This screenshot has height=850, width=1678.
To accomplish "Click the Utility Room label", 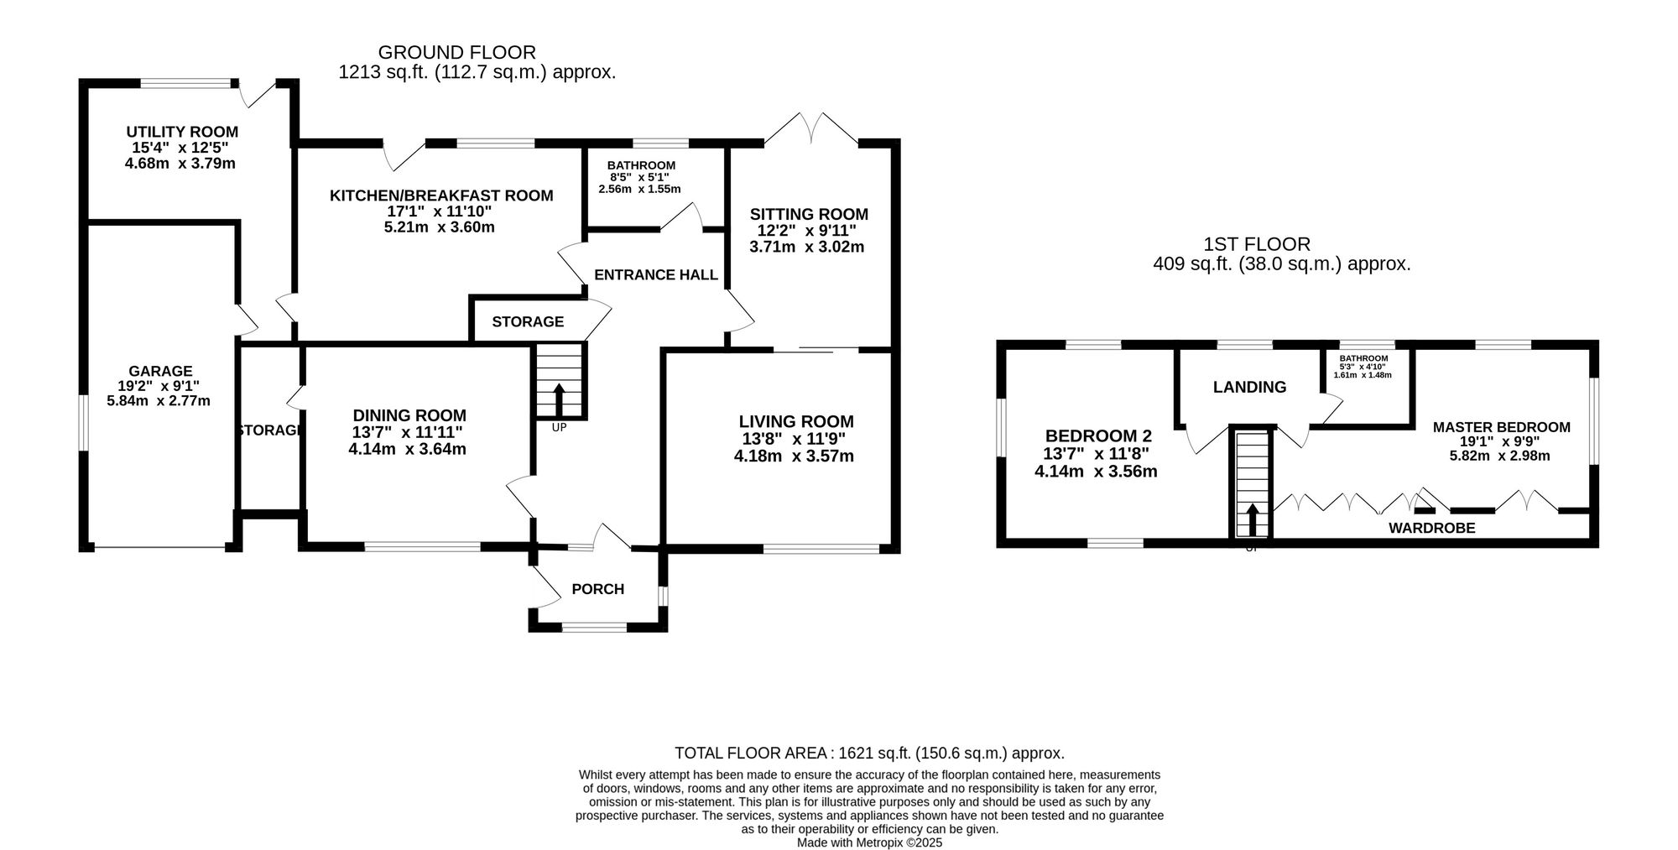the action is click(x=182, y=132).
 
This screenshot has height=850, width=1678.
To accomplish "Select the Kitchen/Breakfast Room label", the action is click(x=441, y=196).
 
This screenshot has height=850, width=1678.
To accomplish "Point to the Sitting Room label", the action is click(x=809, y=214).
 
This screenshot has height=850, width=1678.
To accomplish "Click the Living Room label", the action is click(x=796, y=421).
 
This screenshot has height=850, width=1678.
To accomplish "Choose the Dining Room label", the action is click(x=409, y=415).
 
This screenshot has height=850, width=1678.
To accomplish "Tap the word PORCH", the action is click(x=598, y=589).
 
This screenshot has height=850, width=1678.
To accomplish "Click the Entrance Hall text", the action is click(x=656, y=274).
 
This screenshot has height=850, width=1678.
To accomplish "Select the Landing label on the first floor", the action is click(x=1250, y=387).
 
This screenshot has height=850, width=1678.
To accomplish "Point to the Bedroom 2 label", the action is click(x=1098, y=436).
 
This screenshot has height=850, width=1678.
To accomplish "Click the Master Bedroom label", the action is click(x=1502, y=427).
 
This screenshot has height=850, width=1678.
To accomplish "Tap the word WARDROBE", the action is click(x=1432, y=528).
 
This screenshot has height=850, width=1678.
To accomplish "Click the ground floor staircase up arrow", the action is click(x=558, y=399).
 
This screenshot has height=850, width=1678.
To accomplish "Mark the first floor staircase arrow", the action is click(x=1253, y=519).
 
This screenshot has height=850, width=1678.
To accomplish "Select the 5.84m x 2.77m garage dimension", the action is click(x=159, y=401).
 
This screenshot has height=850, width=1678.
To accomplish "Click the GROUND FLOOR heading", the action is click(x=457, y=53).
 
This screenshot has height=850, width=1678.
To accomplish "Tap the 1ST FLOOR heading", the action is click(x=1257, y=244).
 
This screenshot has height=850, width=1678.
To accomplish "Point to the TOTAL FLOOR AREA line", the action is click(x=870, y=754).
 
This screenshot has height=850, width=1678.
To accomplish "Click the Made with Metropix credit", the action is click(x=870, y=842).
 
